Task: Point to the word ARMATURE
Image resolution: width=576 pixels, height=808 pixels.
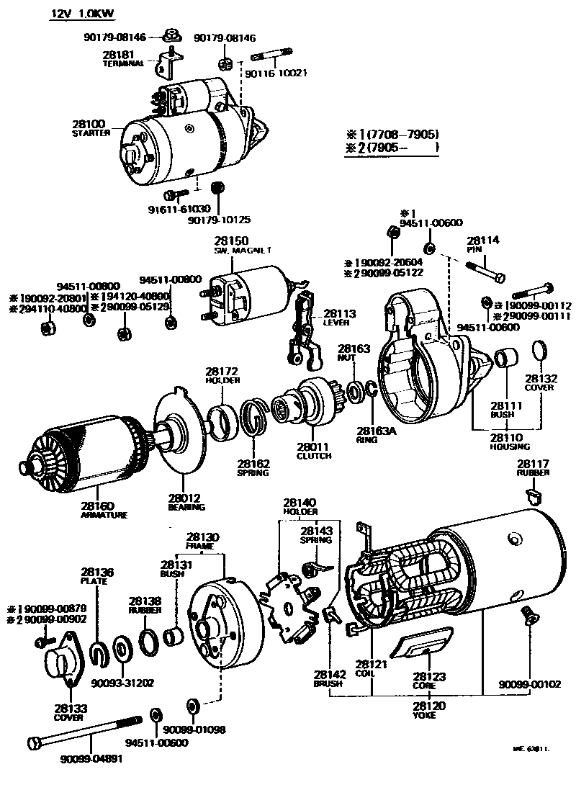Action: click(x=104, y=515)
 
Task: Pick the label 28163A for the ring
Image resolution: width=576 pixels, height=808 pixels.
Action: click(x=377, y=433)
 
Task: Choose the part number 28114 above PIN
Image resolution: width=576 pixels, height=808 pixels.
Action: click(x=482, y=241)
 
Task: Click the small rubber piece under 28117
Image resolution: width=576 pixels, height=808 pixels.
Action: click(x=533, y=495)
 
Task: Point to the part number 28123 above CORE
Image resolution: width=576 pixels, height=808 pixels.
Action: click(x=429, y=677)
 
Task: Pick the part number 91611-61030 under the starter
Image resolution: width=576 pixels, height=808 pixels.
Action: click(x=175, y=209)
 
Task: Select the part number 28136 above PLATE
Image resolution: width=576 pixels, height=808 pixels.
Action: click(x=97, y=572)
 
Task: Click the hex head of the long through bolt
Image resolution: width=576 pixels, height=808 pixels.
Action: click(x=35, y=742)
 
